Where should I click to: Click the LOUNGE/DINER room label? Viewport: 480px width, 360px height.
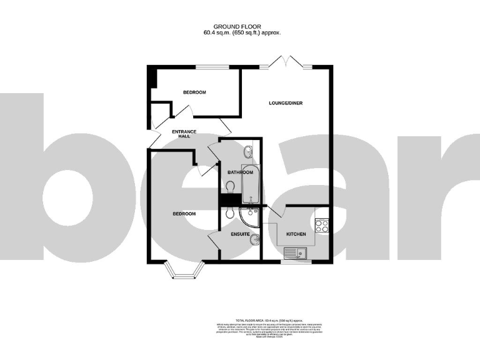[285, 103]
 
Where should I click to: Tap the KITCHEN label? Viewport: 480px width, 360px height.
[296, 234]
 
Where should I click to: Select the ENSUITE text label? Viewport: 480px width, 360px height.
[241, 235]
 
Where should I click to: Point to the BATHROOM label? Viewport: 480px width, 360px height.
[240, 172]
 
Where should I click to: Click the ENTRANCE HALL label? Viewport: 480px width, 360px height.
[184, 134]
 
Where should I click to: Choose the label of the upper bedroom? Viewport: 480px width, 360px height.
[194, 92]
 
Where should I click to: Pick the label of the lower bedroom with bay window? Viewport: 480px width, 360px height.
[184, 214]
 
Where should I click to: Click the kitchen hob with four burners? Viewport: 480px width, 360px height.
[322, 225]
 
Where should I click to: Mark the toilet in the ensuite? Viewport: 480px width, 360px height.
[229, 213]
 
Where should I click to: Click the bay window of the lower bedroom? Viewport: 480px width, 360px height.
[184, 271]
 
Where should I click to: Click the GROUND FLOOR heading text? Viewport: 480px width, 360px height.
[240, 26]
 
